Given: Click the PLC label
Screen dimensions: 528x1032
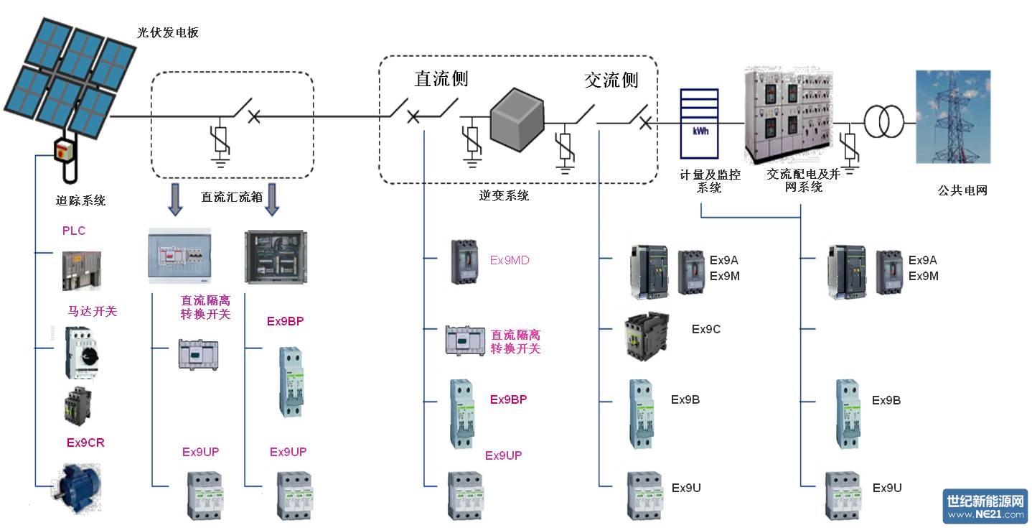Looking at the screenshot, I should tap(74, 231).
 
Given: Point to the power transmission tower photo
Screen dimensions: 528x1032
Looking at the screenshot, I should tap(952, 116).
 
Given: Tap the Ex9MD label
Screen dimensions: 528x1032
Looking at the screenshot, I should tap(510, 260).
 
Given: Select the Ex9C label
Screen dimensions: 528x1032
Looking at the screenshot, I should tap(705, 329).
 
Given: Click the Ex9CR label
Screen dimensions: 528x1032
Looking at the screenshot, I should tap(85, 443).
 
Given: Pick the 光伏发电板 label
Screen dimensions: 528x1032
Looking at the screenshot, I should tap(168, 32).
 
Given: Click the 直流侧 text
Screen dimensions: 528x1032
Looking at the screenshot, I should tap(441, 78).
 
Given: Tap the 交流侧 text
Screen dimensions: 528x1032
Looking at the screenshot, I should tap(611, 80).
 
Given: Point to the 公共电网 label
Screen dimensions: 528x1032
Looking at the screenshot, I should tap(962, 190).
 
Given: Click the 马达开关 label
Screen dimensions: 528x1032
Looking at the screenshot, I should tap(92, 311).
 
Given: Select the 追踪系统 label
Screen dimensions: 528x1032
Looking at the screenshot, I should tap(81, 200).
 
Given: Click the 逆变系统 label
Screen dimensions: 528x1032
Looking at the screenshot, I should tap(504, 195).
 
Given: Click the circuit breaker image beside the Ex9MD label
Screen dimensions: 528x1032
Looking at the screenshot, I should tap(464, 261).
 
